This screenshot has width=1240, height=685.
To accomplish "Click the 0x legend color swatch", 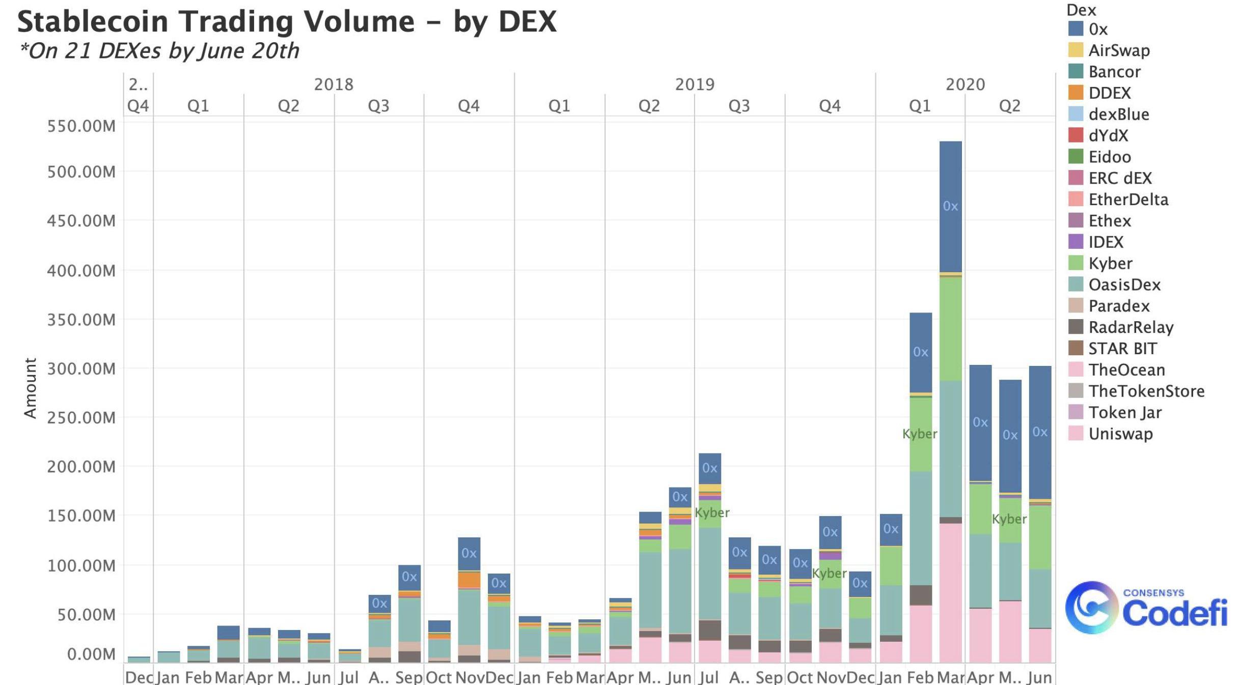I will click(x=1075, y=28).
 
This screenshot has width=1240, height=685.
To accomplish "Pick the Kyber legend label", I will click(x=1110, y=263).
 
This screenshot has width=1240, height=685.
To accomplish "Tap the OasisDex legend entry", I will click(x=1124, y=284).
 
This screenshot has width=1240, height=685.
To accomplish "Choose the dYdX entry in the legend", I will click(x=1108, y=135).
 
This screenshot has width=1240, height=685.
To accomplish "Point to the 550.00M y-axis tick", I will click(x=81, y=126).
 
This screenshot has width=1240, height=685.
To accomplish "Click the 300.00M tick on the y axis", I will click(x=81, y=368).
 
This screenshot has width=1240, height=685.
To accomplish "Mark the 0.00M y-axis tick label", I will click(x=91, y=654).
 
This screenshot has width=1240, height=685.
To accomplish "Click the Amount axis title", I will click(x=31, y=388).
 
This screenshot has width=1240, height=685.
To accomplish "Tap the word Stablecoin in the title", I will click(x=93, y=22).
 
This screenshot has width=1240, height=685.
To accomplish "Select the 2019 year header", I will click(x=695, y=84).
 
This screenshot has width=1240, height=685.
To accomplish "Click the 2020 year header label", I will click(x=965, y=84).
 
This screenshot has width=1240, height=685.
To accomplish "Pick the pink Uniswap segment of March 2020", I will click(x=950, y=593).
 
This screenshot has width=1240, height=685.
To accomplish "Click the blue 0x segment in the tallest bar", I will click(x=950, y=206).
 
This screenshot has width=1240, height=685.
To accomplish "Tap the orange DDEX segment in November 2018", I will click(x=469, y=580).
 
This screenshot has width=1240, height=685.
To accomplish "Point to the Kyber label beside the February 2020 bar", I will click(x=919, y=434).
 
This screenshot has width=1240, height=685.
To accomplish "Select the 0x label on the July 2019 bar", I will click(x=709, y=468).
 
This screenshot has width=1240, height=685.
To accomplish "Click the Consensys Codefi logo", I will click(x=1146, y=608).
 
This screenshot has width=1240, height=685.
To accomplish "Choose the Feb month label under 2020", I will click(x=920, y=677).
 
